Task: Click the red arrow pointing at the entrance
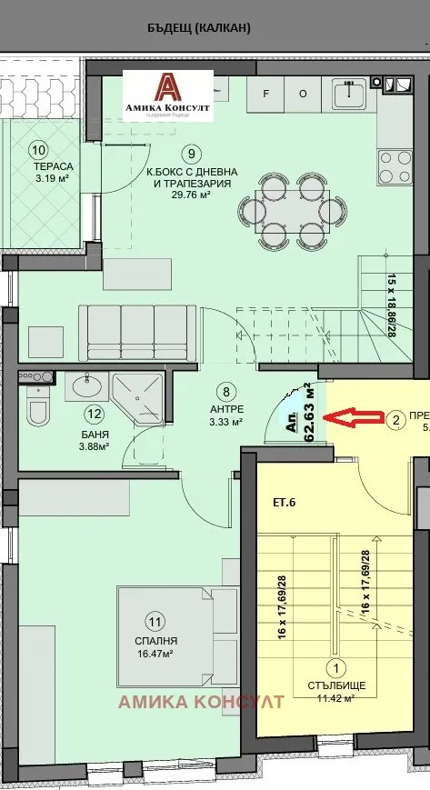coord(355,417)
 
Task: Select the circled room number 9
coord(190,153)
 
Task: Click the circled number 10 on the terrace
coord(38,149)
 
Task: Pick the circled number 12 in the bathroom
coord(93,414)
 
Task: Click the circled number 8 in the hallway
coord(227,392)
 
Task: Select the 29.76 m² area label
coord(191,194)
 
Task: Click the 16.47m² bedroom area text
coord(155,653)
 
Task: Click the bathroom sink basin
coord(88,387)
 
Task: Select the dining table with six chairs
coord(298,208)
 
